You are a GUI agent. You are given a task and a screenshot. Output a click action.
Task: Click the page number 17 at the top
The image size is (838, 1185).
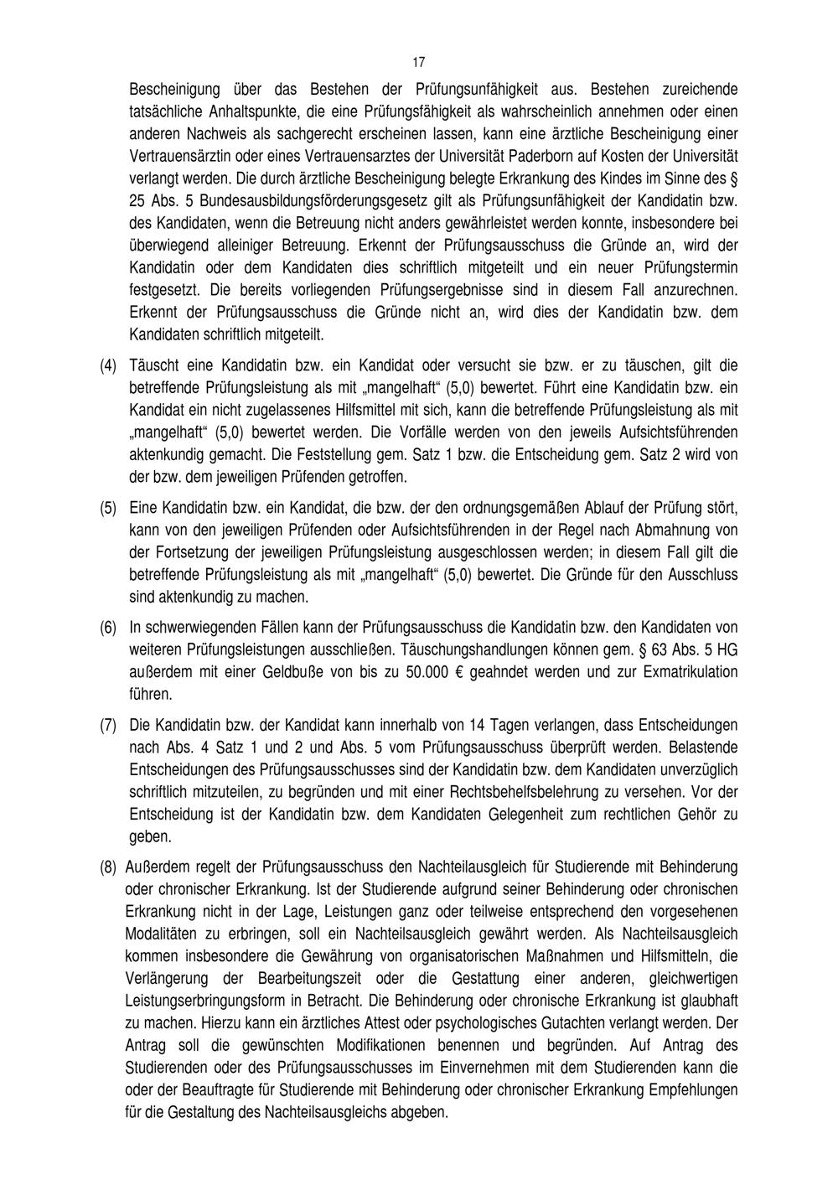click(x=419, y=62)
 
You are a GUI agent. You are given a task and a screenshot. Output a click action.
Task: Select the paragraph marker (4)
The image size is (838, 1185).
click(x=108, y=365)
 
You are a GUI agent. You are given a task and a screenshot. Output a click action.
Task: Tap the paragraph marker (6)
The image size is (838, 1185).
click(x=108, y=627)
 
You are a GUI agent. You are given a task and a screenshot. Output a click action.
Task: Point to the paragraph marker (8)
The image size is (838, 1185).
click(x=108, y=865)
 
